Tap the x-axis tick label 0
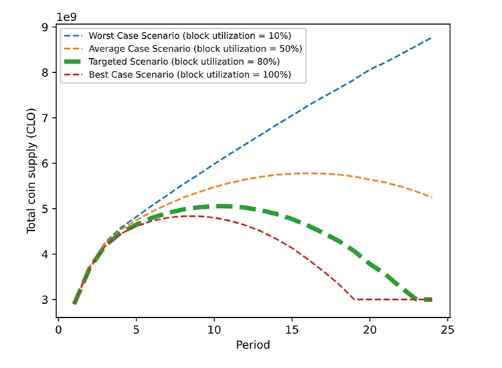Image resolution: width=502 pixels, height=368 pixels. [x=59, y=329]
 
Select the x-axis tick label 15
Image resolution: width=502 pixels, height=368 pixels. [x=292, y=329]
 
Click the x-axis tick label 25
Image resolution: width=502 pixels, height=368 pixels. [x=447, y=329]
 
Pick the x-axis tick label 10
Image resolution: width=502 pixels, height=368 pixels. [x=214, y=329]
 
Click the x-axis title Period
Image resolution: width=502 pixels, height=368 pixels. [x=253, y=345]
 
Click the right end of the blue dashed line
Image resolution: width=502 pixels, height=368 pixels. [x=432, y=38]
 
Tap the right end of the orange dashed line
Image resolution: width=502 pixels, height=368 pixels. [x=432, y=197]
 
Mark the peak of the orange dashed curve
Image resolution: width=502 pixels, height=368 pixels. [x=307, y=173]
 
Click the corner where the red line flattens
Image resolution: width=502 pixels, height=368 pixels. [x=354, y=299]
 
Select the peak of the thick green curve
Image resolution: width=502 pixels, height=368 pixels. [x=222, y=206]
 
